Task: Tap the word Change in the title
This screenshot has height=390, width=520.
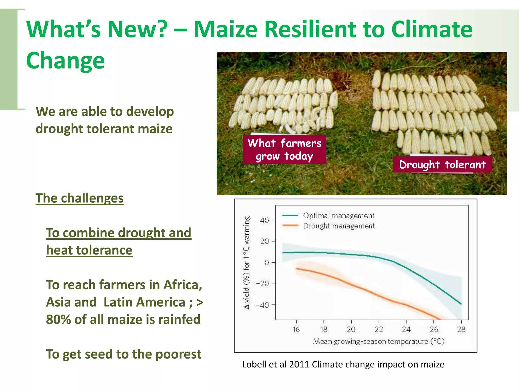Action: tap(65, 60)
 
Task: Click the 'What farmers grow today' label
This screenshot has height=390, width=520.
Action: tap(284, 149)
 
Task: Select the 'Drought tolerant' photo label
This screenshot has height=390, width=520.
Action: tap(442, 165)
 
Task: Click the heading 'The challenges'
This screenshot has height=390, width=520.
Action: tap(79, 198)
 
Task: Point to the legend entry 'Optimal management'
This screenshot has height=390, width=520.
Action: tap(339, 216)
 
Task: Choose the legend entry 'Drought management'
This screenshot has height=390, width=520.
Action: tap(339, 226)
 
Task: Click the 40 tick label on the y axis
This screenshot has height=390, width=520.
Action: tap(264, 220)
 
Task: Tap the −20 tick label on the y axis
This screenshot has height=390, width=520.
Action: tap(262, 284)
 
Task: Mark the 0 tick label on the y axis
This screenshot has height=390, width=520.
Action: tap(266, 263)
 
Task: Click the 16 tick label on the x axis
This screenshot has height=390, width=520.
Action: tap(296, 329)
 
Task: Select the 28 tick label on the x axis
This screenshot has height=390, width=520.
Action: tap(461, 329)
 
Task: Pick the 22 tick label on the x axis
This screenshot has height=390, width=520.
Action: tap(379, 329)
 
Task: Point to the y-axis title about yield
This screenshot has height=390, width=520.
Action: tap(247, 263)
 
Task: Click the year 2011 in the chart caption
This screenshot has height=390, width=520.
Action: tap(299, 364)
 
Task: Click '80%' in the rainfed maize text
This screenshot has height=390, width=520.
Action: tap(59, 319)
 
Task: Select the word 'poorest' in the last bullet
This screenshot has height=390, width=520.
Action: tap(178, 354)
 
